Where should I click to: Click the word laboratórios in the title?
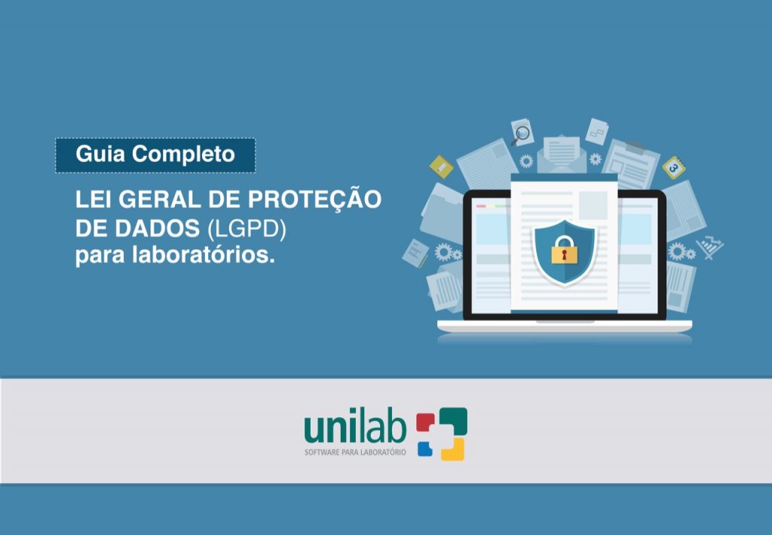tap(203, 255)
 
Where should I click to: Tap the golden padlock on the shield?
tap(564, 250)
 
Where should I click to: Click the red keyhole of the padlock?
tap(564, 254)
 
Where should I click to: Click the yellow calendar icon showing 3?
tap(673, 168)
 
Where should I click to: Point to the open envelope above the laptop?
tap(562, 154)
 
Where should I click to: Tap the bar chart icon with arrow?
tap(709, 247)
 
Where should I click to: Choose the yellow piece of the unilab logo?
tap(453, 448)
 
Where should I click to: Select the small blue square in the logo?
tap(425, 449)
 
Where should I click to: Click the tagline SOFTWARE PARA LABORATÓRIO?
tap(356, 452)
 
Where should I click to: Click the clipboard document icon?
tap(632, 164)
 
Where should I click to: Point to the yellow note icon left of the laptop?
tap(441, 167)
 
